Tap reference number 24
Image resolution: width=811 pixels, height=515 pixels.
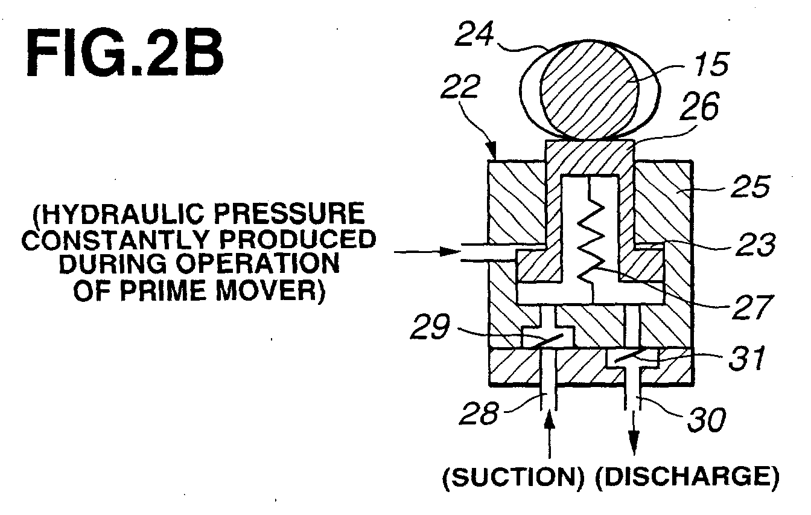(474, 34)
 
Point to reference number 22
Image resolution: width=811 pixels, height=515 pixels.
(460, 86)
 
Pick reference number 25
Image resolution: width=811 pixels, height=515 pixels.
(749, 187)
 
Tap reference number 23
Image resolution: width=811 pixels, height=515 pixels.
(755, 244)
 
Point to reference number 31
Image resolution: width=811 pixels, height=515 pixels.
(747, 358)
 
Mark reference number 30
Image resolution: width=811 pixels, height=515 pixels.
(707, 420)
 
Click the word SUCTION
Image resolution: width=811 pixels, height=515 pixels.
(514, 478)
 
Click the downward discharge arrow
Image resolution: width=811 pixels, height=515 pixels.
(634, 432)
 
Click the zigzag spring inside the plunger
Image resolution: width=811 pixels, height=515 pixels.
(591, 239)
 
